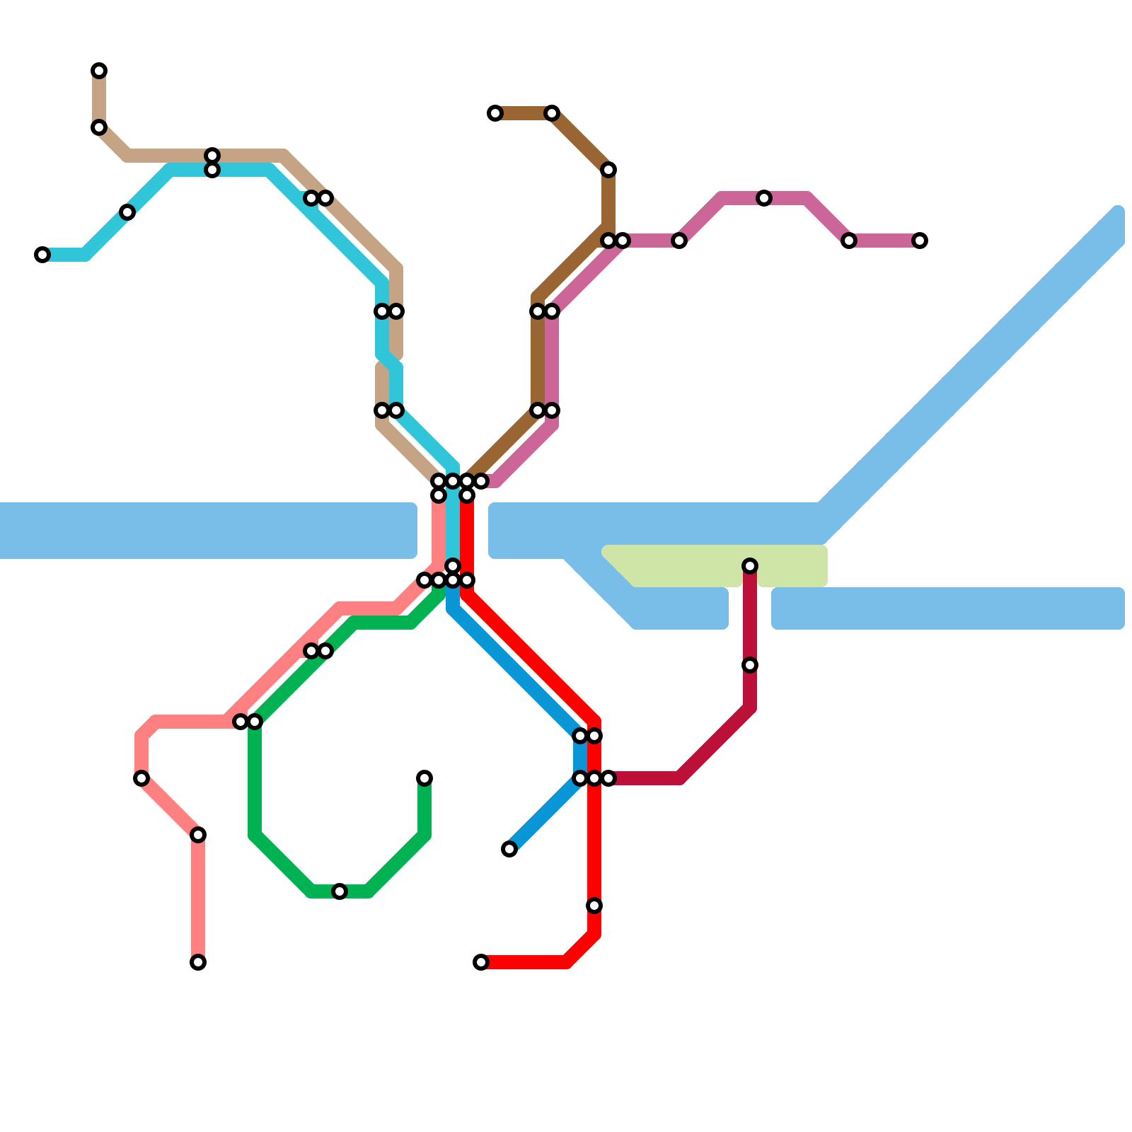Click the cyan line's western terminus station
pos(42,255)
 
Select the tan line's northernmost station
pos(99,71)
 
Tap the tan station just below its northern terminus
pos(99,127)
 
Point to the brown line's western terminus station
pos(495,113)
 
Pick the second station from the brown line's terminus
pos(552,113)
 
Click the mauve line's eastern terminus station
pos(920,241)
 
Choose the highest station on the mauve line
pos(764,198)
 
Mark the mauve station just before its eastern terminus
pos(849,241)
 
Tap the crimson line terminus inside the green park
pos(750,566)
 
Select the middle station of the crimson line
pos(750,665)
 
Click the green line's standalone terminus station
pos(424,778)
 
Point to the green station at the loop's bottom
pos(340,891)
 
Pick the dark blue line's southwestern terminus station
pos(509,849)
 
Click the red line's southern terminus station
pos(481,962)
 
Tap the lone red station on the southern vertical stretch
pos(594,906)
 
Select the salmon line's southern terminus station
pos(198,962)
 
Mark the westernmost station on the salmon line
pos(141,778)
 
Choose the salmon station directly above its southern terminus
pos(198,835)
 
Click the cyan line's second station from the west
pos(127,212)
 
